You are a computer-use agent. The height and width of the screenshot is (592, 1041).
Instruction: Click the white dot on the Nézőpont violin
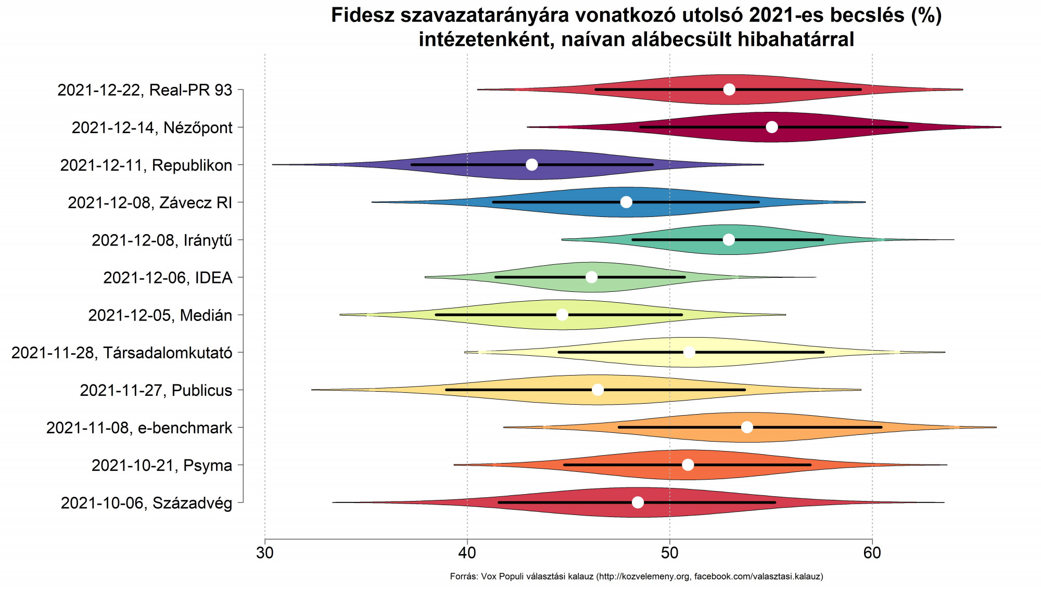[x=772, y=127]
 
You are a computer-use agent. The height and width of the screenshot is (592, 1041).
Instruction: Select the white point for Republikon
[x=531, y=165]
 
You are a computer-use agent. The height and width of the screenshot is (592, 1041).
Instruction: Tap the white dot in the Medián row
[x=562, y=315]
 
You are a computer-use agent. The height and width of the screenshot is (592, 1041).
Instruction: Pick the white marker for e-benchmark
[x=747, y=427]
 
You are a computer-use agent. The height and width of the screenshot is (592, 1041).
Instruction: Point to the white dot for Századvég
[x=638, y=502]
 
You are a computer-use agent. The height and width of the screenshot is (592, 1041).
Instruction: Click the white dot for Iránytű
[x=729, y=240]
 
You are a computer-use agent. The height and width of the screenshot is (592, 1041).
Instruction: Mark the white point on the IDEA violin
[x=592, y=277]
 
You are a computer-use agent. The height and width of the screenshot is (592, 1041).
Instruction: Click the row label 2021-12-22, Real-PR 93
[x=145, y=90]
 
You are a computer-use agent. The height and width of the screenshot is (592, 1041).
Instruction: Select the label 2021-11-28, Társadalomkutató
[x=122, y=353]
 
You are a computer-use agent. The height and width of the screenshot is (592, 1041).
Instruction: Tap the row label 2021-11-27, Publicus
[x=156, y=390]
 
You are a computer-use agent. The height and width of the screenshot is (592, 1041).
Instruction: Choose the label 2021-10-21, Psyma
[x=162, y=465]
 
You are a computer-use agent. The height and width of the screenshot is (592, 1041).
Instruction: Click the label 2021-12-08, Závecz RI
[x=150, y=202]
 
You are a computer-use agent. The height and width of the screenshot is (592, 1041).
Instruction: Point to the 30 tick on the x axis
[x=265, y=552]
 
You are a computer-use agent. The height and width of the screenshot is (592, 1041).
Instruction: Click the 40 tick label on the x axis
[x=467, y=552]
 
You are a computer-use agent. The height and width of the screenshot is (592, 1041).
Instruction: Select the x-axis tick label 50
[x=670, y=552]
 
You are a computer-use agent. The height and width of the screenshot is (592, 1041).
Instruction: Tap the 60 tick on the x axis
[x=872, y=552]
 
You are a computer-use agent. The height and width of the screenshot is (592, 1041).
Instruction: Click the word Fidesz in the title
[x=363, y=16]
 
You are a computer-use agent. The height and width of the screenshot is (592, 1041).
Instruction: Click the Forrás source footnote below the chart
[x=636, y=576]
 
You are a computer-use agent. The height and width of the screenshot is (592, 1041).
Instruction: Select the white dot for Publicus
[x=598, y=390]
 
